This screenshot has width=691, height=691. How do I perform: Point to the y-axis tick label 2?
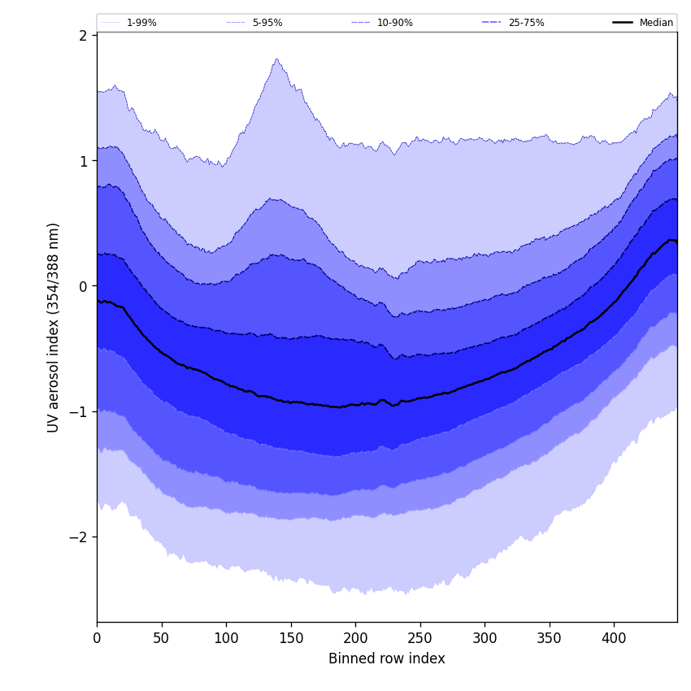pos(83,35)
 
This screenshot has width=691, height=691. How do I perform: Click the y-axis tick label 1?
pos(83,161)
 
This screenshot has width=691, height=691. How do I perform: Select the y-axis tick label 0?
pos(83,286)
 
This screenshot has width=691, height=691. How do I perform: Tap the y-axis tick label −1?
pos(78,411)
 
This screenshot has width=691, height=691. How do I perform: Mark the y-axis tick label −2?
pos(78,537)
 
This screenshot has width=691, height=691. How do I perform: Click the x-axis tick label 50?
pos(162,638)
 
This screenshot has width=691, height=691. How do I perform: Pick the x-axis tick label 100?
pos(226,638)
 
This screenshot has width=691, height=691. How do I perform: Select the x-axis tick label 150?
pos(291,638)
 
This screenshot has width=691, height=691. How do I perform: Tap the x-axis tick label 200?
pos(355,638)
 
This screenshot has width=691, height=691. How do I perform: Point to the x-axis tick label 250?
pos(420,638)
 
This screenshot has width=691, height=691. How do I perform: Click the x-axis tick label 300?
pos(485,638)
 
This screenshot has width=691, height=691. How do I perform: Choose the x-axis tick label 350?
pos(550,638)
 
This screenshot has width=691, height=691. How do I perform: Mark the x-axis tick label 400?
pos(614,638)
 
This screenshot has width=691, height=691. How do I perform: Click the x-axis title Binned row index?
pos(387,658)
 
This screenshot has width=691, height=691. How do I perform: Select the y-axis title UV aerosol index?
pos(54,327)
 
